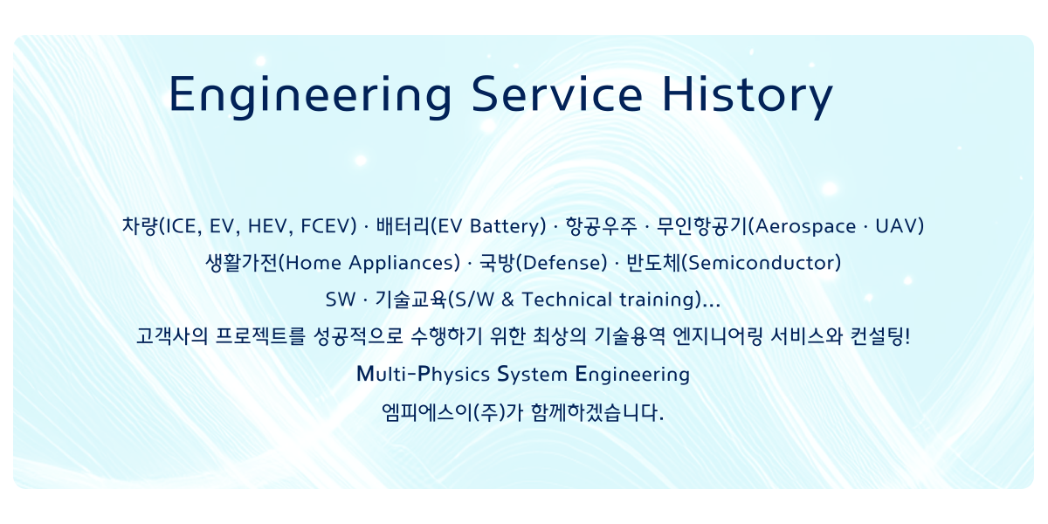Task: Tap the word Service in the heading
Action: coord(557,94)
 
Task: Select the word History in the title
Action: coord(748,96)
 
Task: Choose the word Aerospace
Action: coord(805,226)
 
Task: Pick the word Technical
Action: coord(567,300)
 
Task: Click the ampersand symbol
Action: coord(507,300)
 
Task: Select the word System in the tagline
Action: coord(532,375)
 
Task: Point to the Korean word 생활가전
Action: coord(242,263)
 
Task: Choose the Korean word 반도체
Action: coord(653,263)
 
